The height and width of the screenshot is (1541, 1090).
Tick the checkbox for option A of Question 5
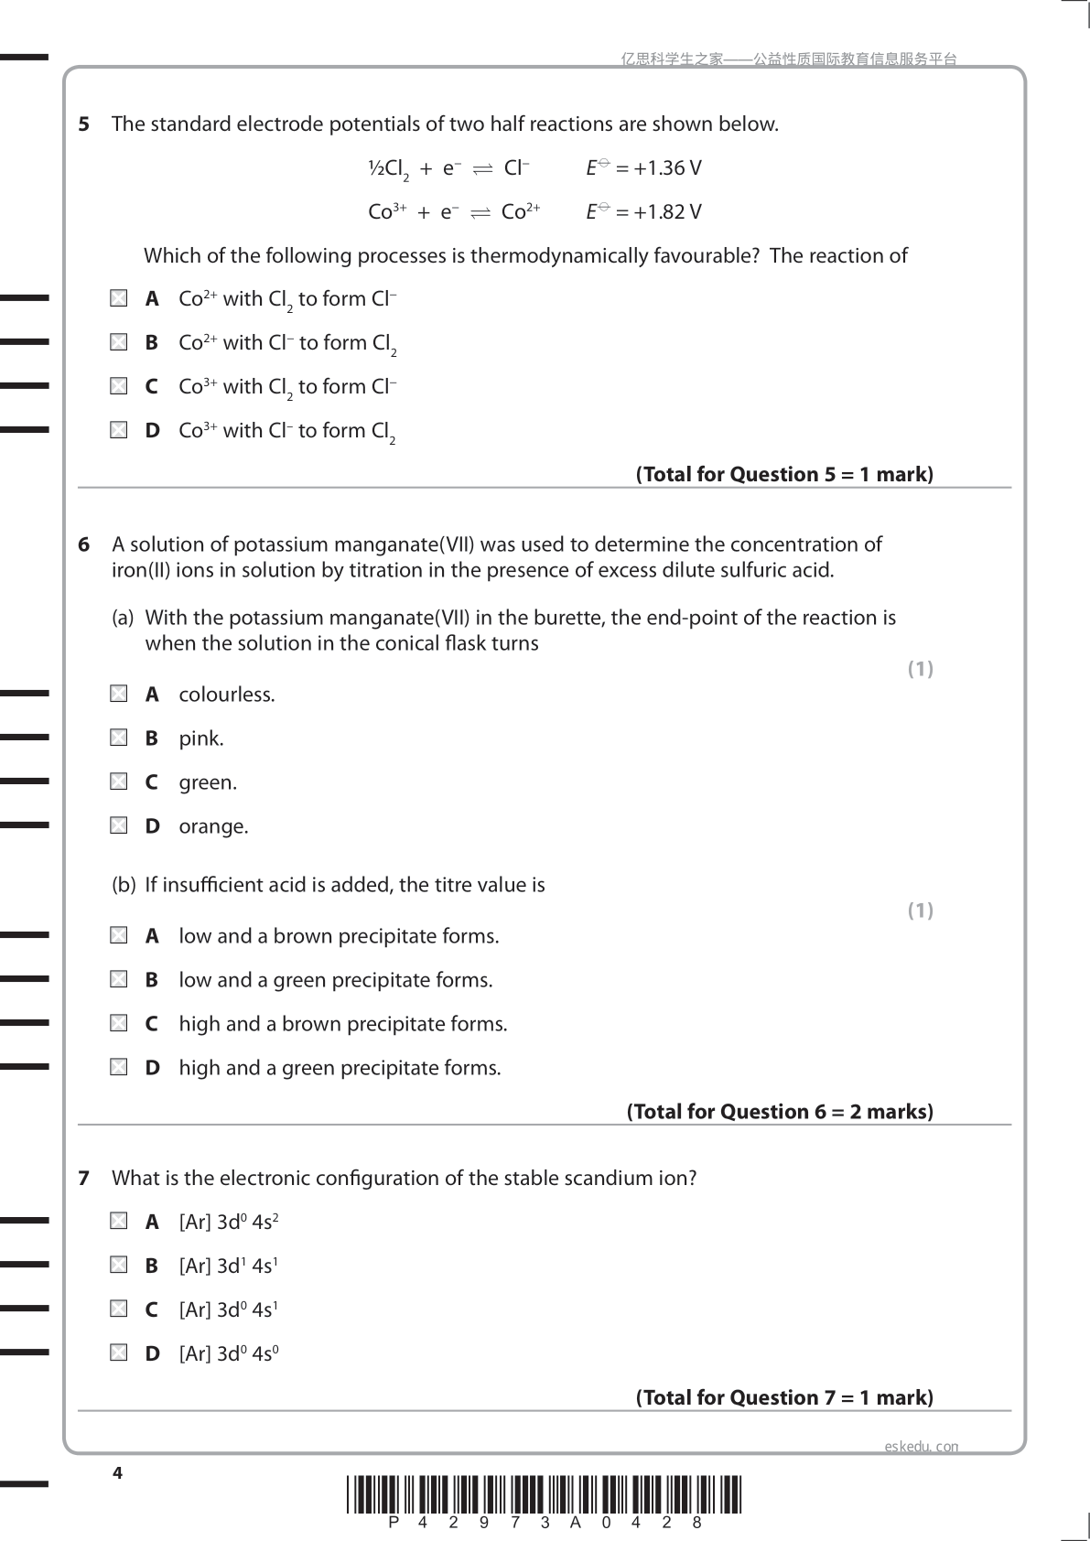pos(119,298)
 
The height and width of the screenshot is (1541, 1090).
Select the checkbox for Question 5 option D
pos(119,430)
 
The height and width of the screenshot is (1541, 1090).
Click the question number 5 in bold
pos(84,124)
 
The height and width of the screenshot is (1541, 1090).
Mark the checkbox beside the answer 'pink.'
pos(119,738)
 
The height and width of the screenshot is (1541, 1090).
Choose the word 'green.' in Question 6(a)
pos(208,782)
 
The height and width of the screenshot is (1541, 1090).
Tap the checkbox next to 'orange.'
pos(119,825)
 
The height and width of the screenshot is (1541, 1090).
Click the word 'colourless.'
pos(227,695)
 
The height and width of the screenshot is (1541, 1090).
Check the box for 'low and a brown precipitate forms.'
pos(119,935)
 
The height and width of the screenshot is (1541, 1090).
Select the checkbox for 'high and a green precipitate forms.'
pos(119,1067)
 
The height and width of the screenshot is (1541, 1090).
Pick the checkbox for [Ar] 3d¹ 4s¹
pos(119,1265)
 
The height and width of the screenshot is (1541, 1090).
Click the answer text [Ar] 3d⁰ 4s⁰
pos(229,1353)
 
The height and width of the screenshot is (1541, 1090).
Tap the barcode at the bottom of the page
pos(545,1495)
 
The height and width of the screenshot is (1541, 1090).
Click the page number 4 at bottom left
pos(117,1472)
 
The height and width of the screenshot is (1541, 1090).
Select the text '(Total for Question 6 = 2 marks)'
pos(780,1112)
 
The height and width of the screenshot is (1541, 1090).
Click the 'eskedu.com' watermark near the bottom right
pos(922,1447)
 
